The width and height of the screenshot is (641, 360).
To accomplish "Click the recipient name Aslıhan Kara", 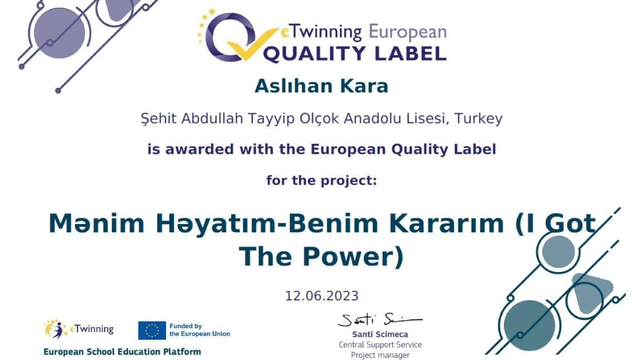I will click(x=321, y=86).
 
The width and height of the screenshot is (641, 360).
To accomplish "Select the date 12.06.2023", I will click(x=322, y=295).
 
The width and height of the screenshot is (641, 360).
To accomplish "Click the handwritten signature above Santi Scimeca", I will click(x=379, y=320).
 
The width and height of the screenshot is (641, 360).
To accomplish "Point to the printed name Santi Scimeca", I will click(x=380, y=334).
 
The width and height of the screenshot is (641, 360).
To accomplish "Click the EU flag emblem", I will click(x=152, y=330).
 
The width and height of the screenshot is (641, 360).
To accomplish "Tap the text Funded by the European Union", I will click(x=200, y=330).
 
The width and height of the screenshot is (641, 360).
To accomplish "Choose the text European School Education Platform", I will click(x=122, y=352).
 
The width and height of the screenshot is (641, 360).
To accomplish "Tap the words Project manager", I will click(x=380, y=355).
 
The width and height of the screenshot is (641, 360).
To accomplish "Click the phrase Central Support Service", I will click(x=380, y=345).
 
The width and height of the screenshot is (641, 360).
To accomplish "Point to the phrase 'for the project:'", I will click(x=322, y=181).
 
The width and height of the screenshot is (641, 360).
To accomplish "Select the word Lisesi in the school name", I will click(x=431, y=119).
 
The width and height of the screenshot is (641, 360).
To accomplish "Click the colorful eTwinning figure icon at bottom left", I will click(x=55, y=329).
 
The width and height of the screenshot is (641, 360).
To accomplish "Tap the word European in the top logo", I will click(x=407, y=32).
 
